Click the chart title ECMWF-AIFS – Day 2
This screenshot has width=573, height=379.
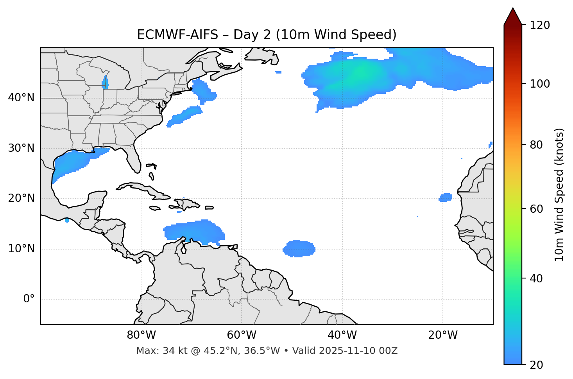[x=267, y=35]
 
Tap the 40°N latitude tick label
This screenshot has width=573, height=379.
[x=21, y=98]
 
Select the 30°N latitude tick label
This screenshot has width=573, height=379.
[x=21, y=148]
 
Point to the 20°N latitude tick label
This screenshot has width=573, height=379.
[x=21, y=198]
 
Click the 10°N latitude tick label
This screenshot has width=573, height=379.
[x=21, y=249]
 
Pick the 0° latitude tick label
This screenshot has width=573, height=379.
[x=29, y=299]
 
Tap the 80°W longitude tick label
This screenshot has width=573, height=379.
[x=141, y=335]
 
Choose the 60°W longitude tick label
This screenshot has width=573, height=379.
[x=242, y=335]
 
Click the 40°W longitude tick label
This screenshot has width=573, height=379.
[x=342, y=335]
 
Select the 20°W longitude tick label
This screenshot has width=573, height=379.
[x=442, y=335]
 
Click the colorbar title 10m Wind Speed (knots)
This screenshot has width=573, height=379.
[x=559, y=194]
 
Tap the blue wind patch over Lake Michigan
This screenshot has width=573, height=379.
[x=105, y=83]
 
